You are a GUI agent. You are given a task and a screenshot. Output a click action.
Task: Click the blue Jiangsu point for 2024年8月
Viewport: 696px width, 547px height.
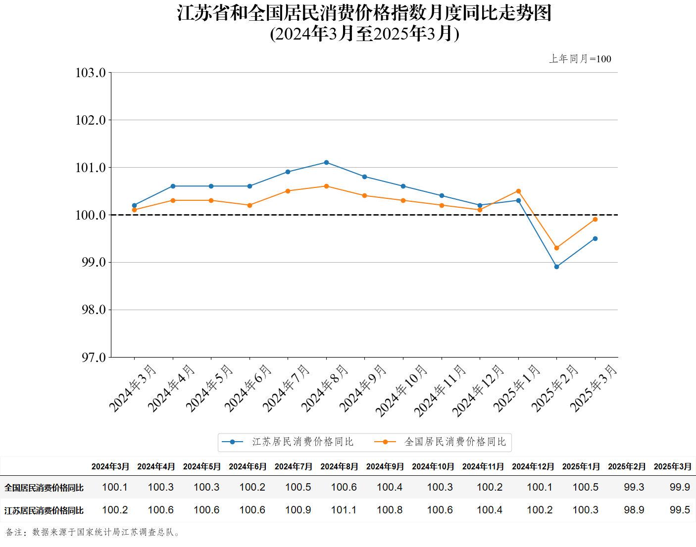pos(326,162)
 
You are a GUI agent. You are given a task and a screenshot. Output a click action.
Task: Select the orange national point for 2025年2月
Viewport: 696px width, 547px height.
pos(556,248)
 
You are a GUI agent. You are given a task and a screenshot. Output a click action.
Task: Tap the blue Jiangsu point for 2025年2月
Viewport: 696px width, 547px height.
pos(556,267)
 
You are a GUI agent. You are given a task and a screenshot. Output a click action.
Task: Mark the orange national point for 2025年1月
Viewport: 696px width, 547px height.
pos(518,191)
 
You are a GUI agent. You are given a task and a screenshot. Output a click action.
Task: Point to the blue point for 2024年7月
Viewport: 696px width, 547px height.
pos(288,172)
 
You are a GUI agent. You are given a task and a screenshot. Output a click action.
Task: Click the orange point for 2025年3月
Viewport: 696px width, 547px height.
pos(595,219)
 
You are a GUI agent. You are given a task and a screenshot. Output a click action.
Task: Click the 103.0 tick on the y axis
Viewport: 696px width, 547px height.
pos(91,73)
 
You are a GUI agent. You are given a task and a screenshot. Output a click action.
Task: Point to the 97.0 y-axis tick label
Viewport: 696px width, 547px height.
pos(94,357)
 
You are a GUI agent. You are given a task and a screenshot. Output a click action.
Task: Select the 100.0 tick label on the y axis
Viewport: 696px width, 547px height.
pos(91,215)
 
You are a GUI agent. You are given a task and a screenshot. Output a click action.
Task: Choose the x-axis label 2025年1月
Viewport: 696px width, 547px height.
pos(517,388)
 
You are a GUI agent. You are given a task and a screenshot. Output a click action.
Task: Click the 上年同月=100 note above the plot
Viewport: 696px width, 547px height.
pos(580,59)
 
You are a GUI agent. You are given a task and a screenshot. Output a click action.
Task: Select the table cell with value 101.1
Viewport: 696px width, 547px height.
pos(344,510)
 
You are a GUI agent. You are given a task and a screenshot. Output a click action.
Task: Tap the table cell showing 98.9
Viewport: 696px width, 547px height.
pos(634,510)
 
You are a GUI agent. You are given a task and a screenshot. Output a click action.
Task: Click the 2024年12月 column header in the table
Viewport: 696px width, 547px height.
pos(533,466)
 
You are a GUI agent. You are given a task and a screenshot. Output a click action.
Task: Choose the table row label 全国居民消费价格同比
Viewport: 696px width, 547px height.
pos(44,488)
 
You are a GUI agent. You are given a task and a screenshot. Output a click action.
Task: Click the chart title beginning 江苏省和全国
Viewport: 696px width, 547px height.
pos(364,13)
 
